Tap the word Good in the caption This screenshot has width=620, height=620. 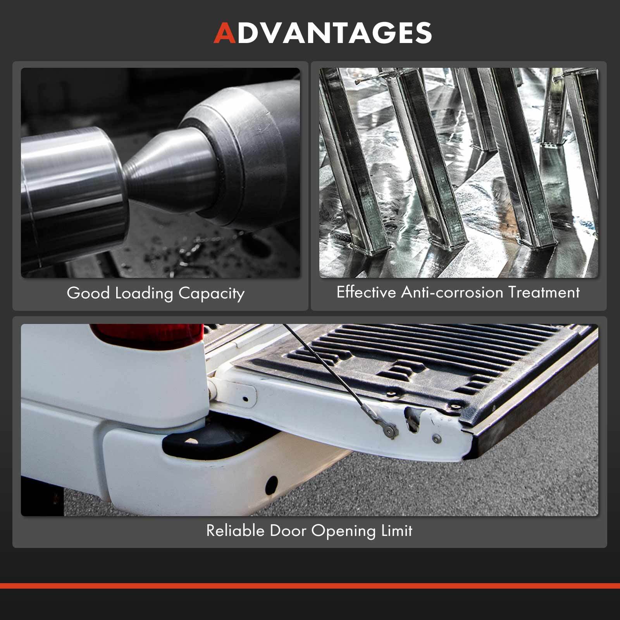coord(88,293)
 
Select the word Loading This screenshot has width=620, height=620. coord(144,294)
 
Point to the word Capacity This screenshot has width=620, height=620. coord(212,294)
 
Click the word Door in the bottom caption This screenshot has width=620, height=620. coord(288,530)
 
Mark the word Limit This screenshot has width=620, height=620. coord(397,530)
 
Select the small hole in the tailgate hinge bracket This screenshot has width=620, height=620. coord(245,398)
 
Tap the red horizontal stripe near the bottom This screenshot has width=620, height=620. coord(310,586)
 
